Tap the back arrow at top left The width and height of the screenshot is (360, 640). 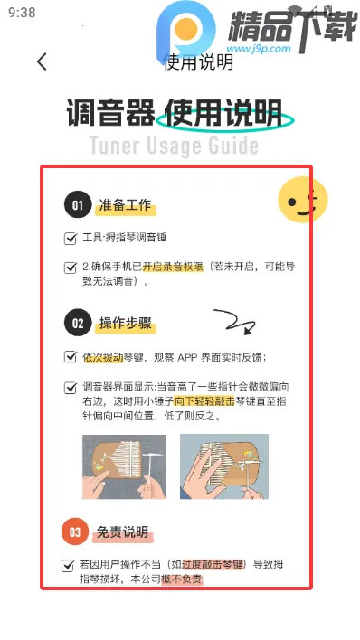coord(42,61)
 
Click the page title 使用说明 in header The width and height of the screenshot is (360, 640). coord(198,61)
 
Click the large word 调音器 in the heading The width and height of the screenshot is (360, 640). coord(108,115)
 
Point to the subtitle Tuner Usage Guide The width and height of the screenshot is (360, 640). coord(174,146)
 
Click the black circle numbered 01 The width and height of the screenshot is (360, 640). coord(78,206)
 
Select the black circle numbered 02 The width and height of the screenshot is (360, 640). coord(78,323)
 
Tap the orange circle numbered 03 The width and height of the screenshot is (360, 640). coord(77,532)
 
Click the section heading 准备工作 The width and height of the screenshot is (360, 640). coord(126,206)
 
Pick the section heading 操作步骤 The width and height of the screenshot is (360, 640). coord(126,323)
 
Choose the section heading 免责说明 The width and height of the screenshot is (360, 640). coord(122,532)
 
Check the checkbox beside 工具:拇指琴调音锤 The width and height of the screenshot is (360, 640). coord(71,239)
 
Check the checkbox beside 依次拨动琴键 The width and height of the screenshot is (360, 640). coord(71,357)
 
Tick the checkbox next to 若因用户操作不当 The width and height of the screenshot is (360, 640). coord(68,565)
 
